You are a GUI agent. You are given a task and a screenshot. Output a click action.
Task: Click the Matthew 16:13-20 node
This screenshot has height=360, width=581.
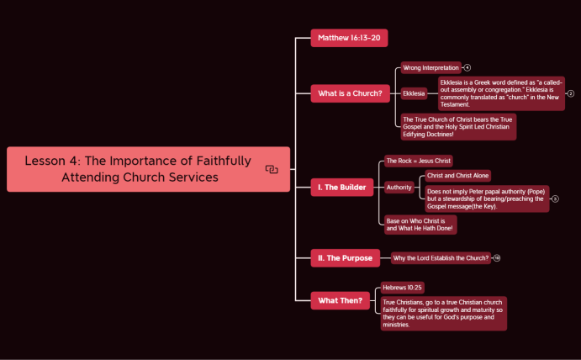pyautogui.click(x=348, y=38)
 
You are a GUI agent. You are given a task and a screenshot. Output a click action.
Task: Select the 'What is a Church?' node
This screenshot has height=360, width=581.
pyautogui.click(x=350, y=93)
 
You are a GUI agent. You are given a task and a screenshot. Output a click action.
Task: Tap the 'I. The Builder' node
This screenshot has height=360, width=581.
pyautogui.click(x=341, y=187)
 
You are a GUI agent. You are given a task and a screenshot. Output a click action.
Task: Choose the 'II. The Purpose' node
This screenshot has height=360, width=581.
pyautogui.click(x=345, y=258)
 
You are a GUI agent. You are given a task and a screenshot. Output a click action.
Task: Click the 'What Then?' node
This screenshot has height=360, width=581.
pyautogui.click(x=341, y=300)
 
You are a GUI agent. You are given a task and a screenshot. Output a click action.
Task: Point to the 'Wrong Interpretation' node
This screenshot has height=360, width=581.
pyautogui.click(x=430, y=67)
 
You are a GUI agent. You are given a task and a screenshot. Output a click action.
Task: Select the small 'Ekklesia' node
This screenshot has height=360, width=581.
pyautogui.click(x=414, y=93)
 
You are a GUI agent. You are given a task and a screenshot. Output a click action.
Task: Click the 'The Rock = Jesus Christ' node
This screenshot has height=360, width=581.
pyautogui.click(x=419, y=161)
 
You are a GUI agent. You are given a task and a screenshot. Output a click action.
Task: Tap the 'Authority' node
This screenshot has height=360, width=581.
pyautogui.click(x=399, y=188)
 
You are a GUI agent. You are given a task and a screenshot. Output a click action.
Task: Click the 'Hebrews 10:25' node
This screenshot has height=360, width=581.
pyautogui.click(x=402, y=287)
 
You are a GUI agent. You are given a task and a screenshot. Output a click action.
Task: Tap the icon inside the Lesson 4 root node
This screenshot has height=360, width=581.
pyautogui.click(x=272, y=169)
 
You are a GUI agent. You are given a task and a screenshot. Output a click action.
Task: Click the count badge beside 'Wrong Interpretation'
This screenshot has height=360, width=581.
pyautogui.click(x=467, y=67)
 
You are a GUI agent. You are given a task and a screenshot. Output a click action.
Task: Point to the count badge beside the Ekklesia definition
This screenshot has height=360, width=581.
pyautogui.click(x=571, y=93)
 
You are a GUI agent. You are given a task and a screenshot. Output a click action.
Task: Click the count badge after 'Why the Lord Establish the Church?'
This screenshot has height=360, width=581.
pyautogui.click(x=497, y=258)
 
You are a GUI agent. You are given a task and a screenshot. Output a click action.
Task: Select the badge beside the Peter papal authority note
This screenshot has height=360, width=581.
pyautogui.click(x=555, y=199)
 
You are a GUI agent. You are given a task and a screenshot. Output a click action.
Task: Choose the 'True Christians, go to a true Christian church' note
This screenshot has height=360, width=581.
pyautogui.click(x=443, y=313)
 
